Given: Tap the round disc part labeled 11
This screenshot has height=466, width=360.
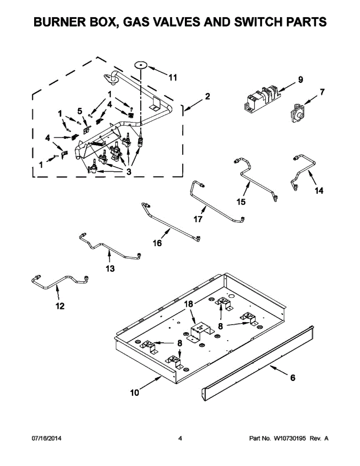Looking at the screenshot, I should tap(141, 65).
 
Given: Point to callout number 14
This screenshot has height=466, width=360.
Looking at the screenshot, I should tap(319, 190).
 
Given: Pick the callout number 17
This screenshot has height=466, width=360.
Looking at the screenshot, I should tap(198, 219).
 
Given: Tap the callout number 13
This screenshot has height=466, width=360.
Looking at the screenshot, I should tap(110, 268).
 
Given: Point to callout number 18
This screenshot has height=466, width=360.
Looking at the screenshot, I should tap(188, 304).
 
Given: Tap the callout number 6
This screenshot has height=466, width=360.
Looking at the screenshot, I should tap(292, 377).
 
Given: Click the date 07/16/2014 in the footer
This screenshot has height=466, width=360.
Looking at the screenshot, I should tap(47, 438).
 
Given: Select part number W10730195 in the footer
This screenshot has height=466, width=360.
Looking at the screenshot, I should tap(290, 438).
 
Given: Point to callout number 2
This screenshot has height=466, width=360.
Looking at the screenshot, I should tap(207, 96).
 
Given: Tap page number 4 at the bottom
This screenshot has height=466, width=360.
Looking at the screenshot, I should tap(180, 438).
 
